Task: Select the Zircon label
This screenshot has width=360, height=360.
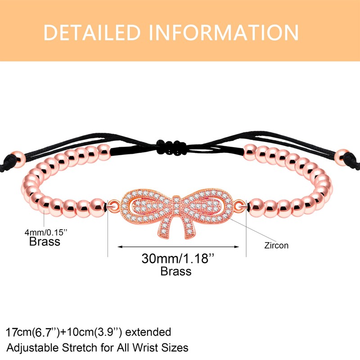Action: point(277,246)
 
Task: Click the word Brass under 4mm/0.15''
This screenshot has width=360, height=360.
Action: point(45,242)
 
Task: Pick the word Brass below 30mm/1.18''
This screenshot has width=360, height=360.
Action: point(176,271)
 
